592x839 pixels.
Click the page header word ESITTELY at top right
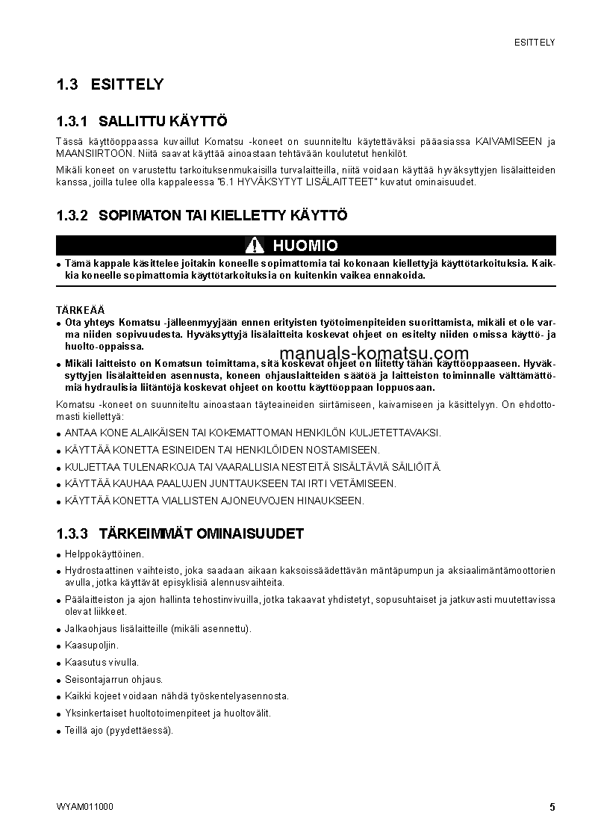(x=535, y=43)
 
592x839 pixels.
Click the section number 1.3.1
(x=72, y=121)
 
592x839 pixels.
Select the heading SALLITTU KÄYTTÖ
(x=163, y=121)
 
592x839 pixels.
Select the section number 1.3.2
(x=72, y=216)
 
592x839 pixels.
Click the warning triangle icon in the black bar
(x=255, y=246)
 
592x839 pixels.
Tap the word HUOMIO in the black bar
(x=305, y=246)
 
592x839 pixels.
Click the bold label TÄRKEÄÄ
(x=81, y=309)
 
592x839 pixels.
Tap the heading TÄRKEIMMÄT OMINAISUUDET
(x=201, y=534)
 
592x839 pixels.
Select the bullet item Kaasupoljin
(x=92, y=645)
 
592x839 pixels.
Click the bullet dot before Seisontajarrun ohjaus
(x=58, y=681)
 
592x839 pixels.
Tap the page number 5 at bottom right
(x=552, y=807)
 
